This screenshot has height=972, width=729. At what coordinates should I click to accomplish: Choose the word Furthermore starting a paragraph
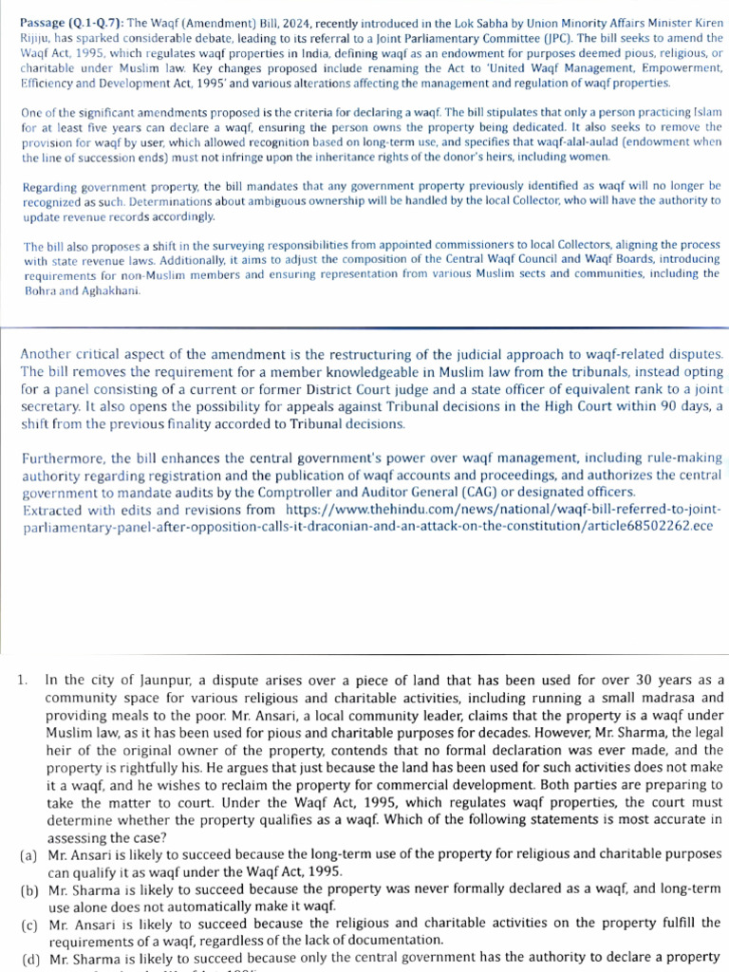(x=63, y=458)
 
